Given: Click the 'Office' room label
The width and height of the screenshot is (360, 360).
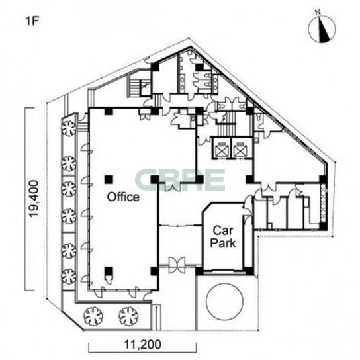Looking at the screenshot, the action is click(123, 197).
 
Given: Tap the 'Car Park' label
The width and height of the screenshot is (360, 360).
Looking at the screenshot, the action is click(223, 237).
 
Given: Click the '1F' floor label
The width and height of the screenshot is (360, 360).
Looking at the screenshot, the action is click(32, 21).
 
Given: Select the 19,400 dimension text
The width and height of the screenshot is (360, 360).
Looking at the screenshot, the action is click(33, 199).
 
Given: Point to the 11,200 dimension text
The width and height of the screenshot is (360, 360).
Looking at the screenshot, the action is click(142, 345).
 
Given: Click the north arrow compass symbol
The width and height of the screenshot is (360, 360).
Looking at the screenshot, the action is click(322, 29).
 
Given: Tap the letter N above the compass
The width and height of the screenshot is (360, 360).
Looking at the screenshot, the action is click(318, 12).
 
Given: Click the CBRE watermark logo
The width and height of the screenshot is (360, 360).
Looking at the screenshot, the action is click(180, 180).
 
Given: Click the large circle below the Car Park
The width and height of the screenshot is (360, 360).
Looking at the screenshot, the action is click(224, 301).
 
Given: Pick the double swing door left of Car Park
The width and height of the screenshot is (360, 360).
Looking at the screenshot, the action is click(177, 265).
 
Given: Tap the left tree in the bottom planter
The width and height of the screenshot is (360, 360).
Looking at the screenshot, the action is click(93, 316).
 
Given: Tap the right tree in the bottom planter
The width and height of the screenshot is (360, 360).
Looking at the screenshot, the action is click(128, 316).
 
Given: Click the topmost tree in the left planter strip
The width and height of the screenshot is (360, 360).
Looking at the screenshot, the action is click(69, 128).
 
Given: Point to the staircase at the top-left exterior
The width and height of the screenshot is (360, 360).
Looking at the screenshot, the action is click(133, 85).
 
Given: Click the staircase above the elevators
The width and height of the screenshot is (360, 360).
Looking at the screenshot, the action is click(226, 126).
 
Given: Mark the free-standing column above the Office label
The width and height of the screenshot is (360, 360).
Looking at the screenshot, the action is click(109, 179).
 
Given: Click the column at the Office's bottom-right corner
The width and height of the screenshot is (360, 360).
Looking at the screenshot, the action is click(155, 271).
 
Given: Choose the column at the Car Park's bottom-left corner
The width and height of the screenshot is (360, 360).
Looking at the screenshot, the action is click(199, 271).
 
